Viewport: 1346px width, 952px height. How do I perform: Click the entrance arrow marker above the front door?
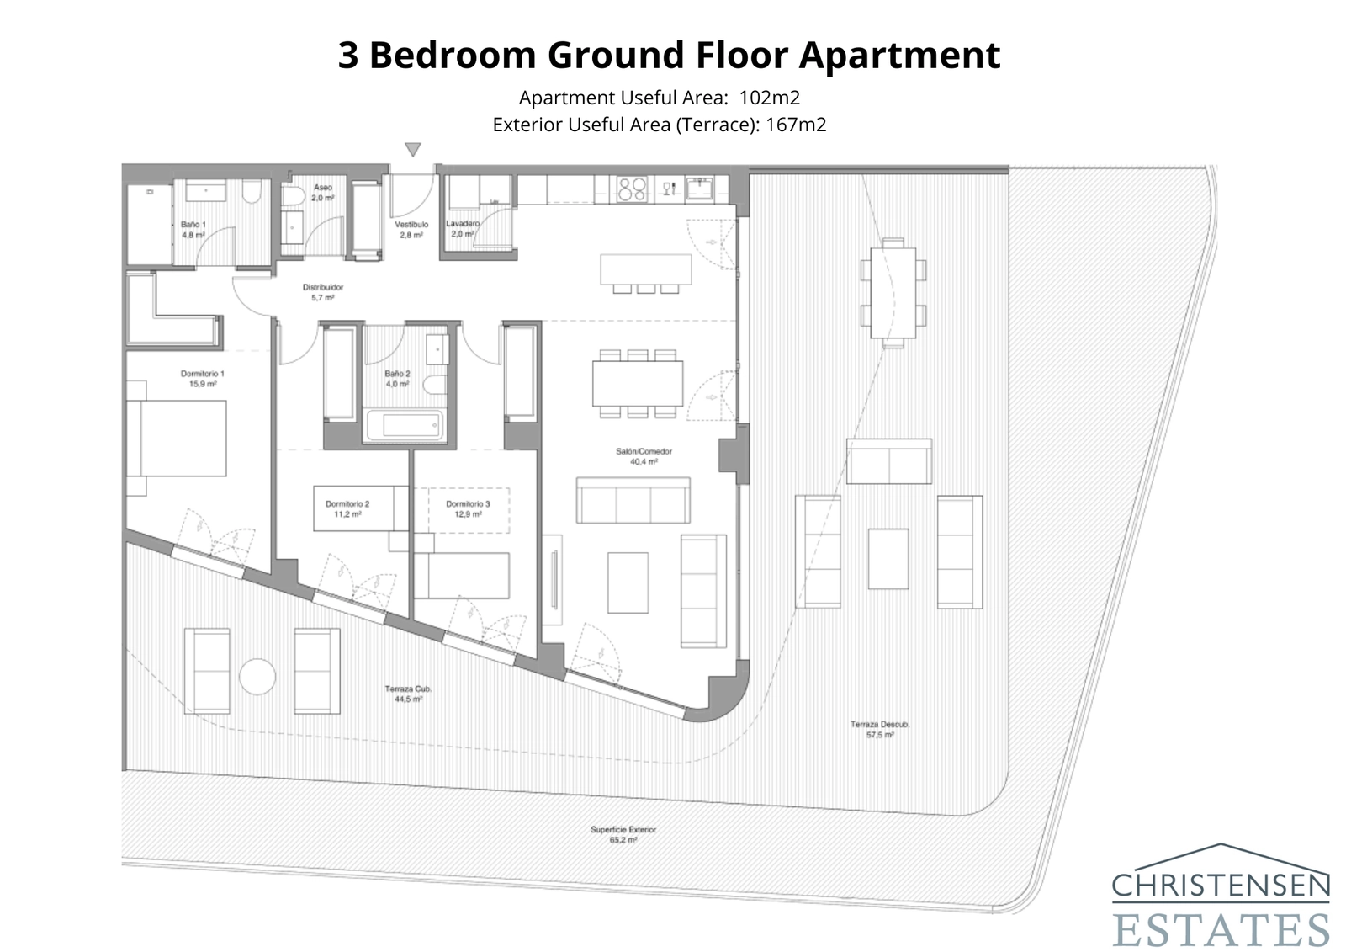tap(412, 150)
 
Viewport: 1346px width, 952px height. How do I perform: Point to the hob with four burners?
tap(633, 189)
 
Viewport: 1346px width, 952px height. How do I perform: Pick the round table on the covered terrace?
tap(257, 676)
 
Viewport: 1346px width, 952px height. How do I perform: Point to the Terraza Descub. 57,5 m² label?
tap(879, 729)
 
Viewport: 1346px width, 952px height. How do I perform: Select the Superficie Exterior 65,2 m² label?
tap(623, 834)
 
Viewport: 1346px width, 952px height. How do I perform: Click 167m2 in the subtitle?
tap(796, 125)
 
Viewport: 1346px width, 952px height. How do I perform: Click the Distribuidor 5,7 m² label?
tap(323, 292)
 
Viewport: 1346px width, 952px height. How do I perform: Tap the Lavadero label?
tap(462, 228)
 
